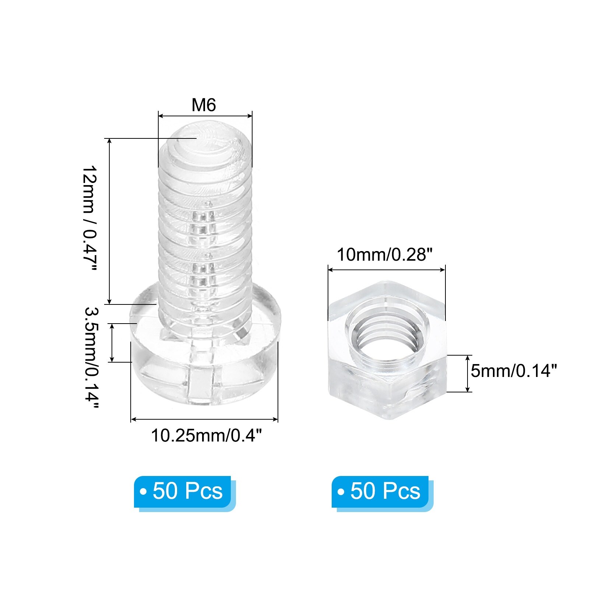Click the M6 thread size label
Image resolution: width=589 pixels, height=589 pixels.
point(204,105)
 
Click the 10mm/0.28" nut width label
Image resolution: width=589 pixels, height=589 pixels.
point(384,254)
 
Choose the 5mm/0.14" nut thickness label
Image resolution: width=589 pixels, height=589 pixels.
point(514,371)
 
